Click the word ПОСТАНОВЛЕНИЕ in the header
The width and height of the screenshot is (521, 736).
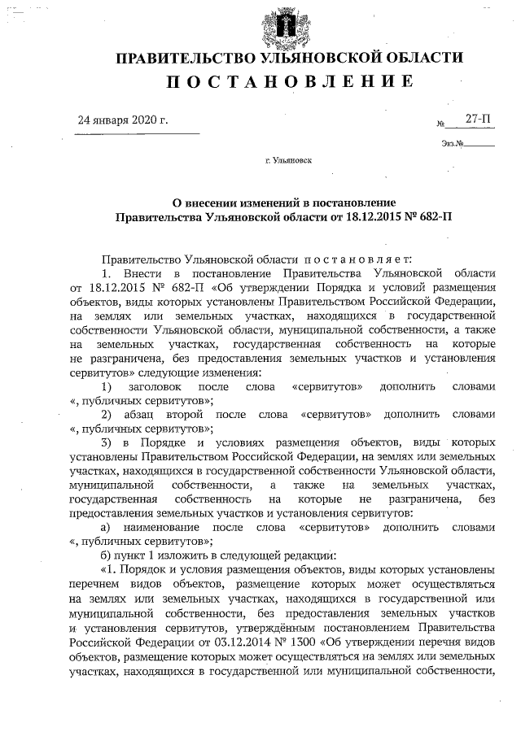[x=290, y=81]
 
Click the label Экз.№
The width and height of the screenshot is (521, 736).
[x=453, y=145]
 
